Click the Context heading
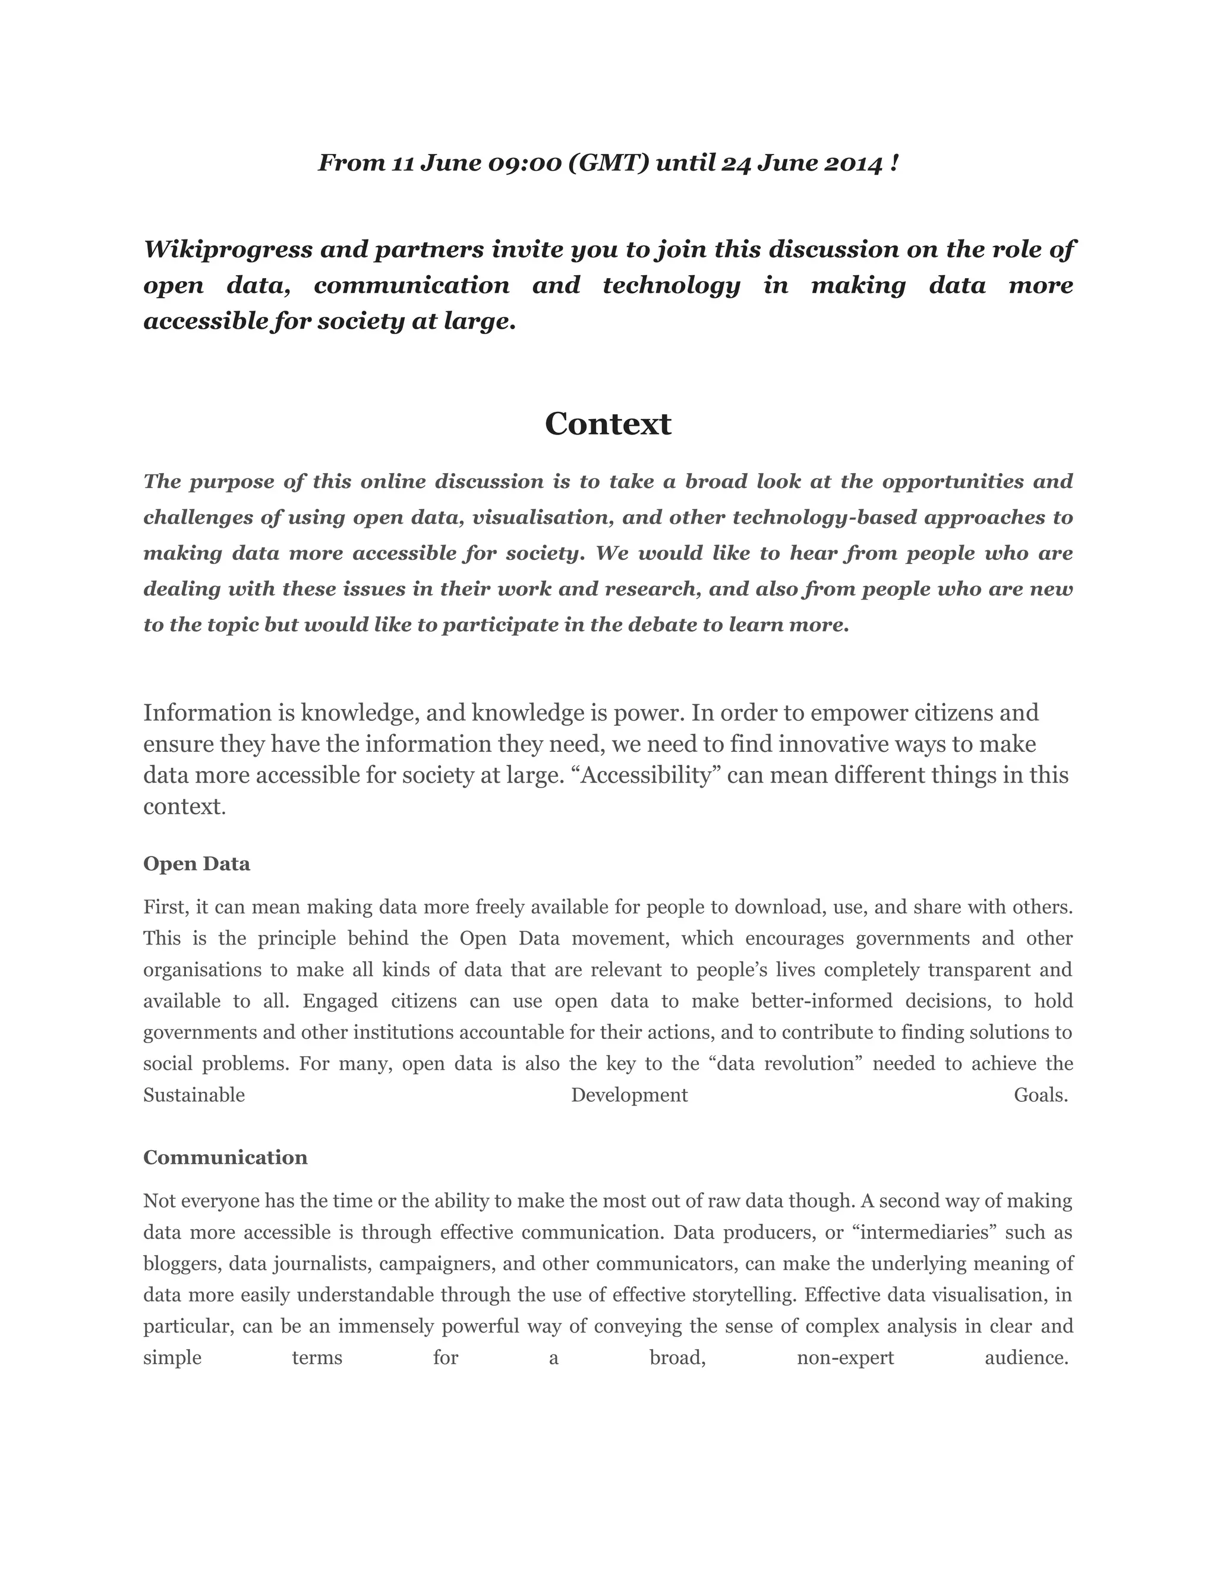click(x=608, y=424)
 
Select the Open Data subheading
click(x=196, y=864)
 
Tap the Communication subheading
click(x=225, y=1157)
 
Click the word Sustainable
click(x=194, y=1095)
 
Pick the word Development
click(x=629, y=1095)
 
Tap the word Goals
click(x=1040, y=1095)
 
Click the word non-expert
click(x=845, y=1358)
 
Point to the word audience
click(x=1025, y=1358)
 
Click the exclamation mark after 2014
click(x=895, y=163)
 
